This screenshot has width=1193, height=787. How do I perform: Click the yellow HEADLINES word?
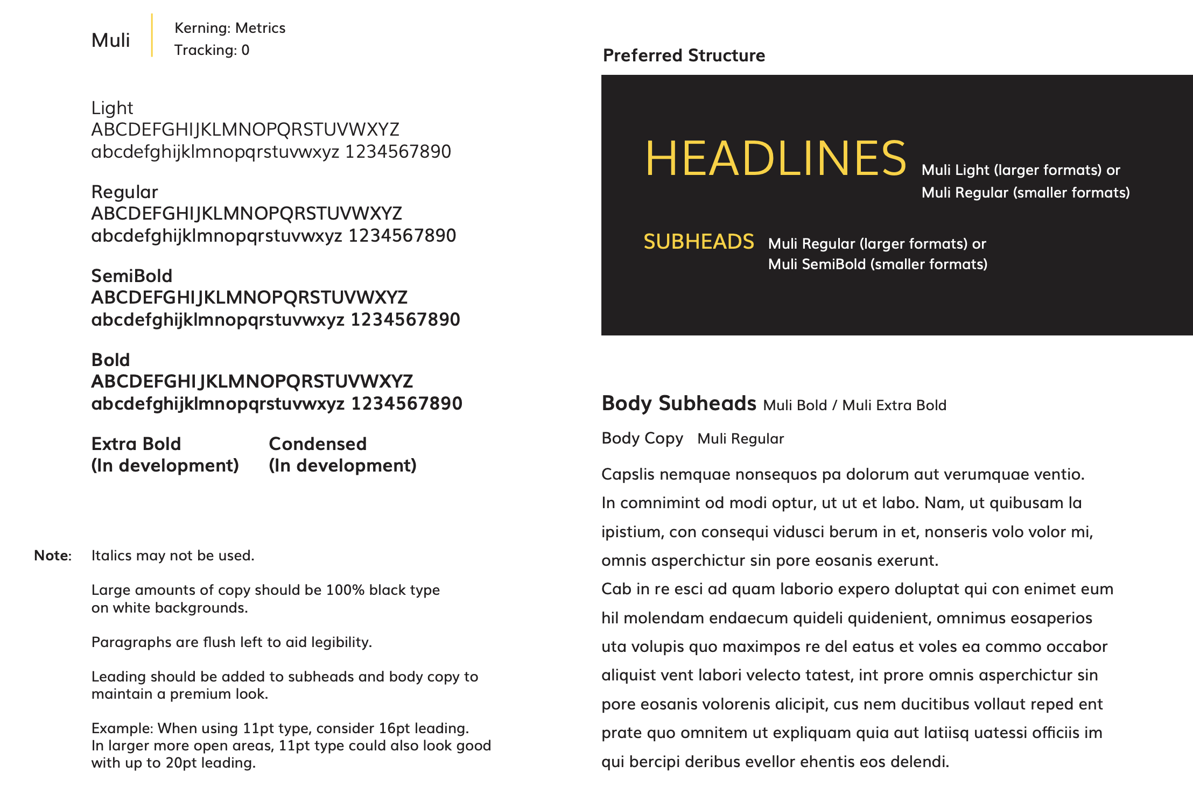coord(775,158)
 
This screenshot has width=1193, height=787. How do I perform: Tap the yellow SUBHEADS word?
coord(698,242)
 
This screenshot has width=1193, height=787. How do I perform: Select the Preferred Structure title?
coord(684,55)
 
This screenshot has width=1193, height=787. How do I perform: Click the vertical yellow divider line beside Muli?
coord(152,36)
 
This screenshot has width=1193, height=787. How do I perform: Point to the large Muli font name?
coord(110,40)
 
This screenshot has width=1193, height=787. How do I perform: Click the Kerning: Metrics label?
coord(230,28)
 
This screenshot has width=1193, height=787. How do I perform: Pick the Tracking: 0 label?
coord(212,50)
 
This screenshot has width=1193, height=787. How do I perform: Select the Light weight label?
coord(112,108)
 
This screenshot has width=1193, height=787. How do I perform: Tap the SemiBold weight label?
coord(131,276)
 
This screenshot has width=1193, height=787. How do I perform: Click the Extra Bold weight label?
coord(136,444)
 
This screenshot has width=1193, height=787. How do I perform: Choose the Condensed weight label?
coord(318,444)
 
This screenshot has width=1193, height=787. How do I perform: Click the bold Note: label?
coord(53,556)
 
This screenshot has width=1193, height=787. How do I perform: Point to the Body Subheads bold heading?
coord(679,403)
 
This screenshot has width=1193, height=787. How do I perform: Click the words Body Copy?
coord(642,438)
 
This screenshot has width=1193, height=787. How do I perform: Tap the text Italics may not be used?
coord(172,556)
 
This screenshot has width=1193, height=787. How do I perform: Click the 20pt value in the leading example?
coord(182,763)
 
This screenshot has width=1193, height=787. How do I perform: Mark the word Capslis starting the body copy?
coord(628,474)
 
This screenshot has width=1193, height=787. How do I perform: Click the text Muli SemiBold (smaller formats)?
coord(878,264)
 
